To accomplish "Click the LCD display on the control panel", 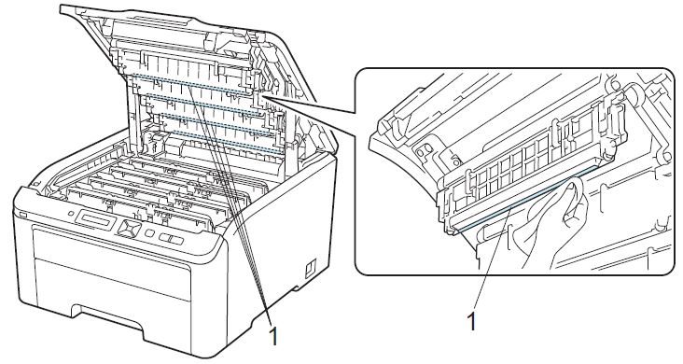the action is click(96, 219).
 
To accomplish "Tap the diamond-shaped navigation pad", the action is click(130, 228).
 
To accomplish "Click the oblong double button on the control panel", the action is click(171, 238).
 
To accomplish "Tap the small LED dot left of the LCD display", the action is click(71, 214).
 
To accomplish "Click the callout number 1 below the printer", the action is click(273, 336).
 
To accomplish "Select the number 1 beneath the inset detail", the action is click(471, 322).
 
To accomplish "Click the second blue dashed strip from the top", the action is click(203, 104).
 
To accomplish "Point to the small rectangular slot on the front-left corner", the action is click(22, 216).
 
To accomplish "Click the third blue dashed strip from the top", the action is click(216, 122).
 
